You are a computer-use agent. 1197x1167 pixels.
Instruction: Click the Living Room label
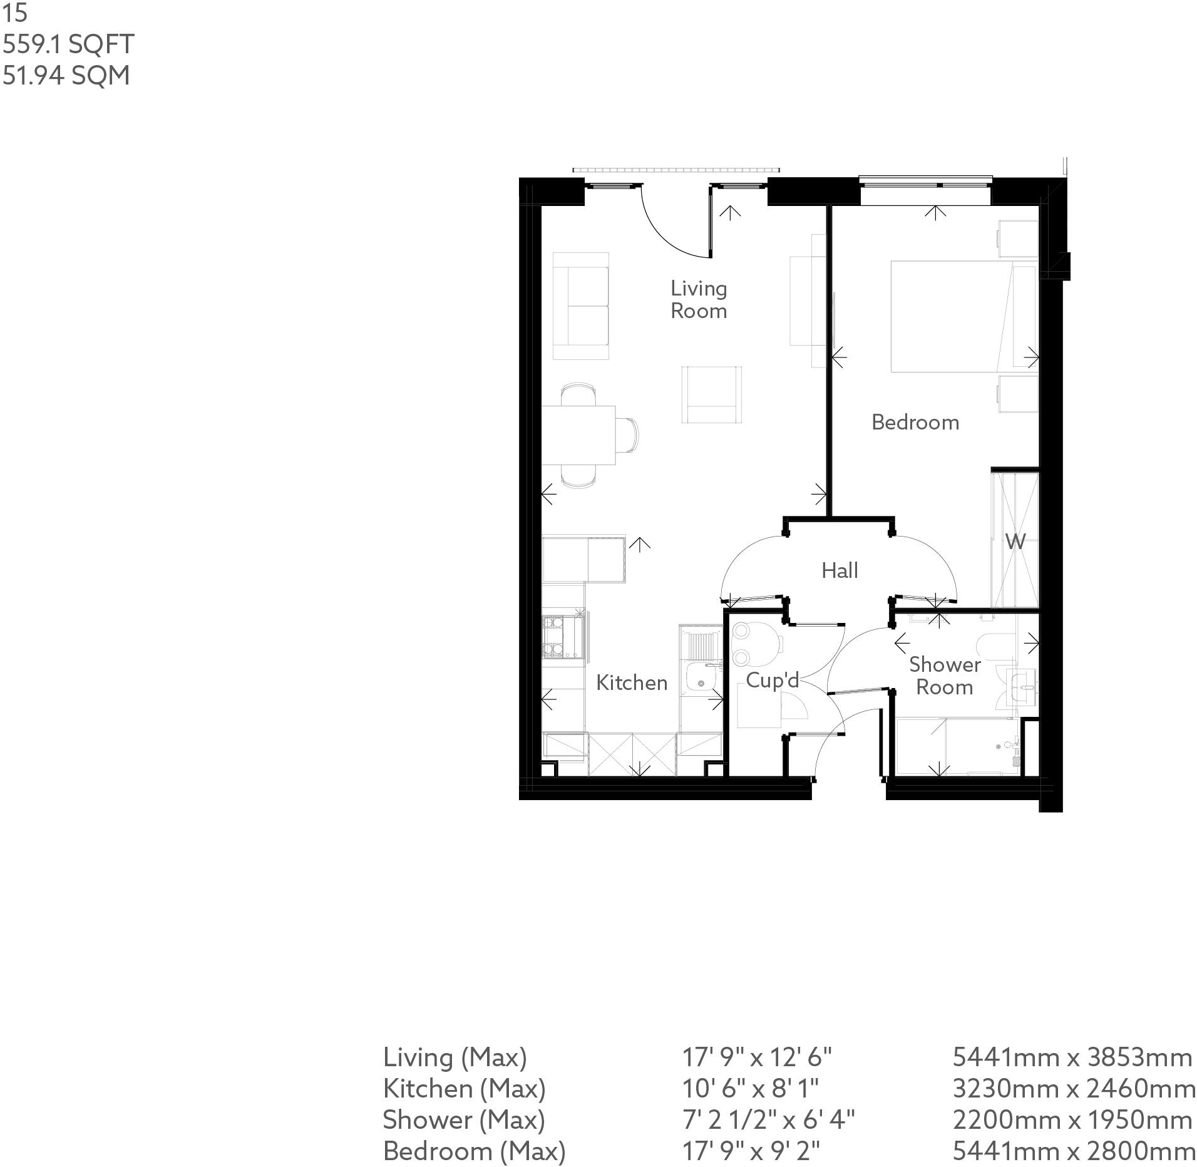coord(698,300)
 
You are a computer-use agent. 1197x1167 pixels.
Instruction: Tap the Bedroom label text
coord(915,423)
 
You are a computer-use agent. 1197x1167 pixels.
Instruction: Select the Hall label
coord(839,570)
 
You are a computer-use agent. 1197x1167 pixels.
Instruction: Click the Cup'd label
coord(772,680)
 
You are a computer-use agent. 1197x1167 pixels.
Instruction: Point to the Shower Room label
coord(944,676)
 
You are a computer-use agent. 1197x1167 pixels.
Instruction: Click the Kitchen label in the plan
coord(631,682)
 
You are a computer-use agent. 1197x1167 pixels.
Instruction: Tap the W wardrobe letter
coord(1015,541)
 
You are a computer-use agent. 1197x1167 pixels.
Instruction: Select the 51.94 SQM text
coord(66,76)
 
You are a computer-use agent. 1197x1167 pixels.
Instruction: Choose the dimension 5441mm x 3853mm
coord(1072,1057)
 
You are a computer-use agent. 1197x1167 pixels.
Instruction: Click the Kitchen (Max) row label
coord(464,1089)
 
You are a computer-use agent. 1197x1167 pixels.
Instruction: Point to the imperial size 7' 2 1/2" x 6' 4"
coord(768,1119)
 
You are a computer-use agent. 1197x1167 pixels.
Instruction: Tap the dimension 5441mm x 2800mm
coord(1072,1151)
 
